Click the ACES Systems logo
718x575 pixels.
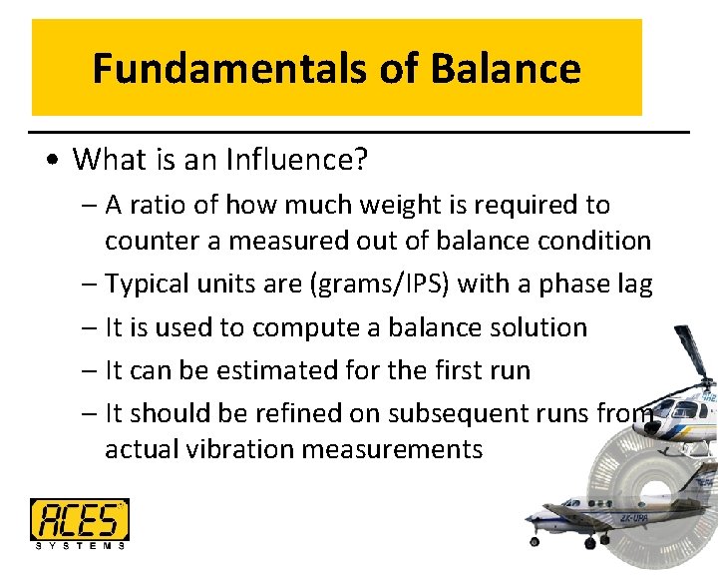click(x=80, y=523)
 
